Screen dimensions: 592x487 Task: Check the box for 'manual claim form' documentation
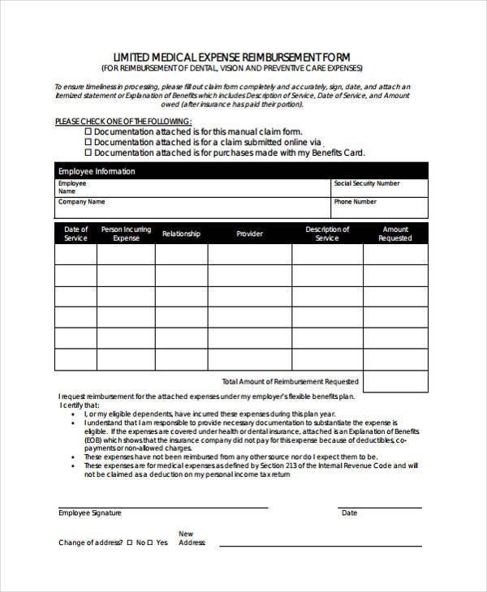click(x=88, y=131)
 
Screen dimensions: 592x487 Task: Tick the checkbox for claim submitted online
click(x=88, y=141)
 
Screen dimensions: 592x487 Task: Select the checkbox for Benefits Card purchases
click(x=88, y=152)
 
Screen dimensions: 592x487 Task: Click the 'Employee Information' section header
click(x=97, y=172)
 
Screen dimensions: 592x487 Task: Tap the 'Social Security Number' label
click(x=367, y=184)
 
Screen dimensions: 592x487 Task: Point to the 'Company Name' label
click(x=81, y=202)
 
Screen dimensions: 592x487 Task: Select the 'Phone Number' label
click(x=355, y=202)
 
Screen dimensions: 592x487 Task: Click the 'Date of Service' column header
click(x=75, y=234)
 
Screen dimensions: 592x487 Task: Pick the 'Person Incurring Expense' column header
click(x=126, y=234)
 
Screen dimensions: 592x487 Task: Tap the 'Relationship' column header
click(x=181, y=234)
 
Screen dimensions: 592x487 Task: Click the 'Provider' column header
click(x=249, y=234)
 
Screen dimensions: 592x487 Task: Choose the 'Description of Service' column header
click(x=327, y=234)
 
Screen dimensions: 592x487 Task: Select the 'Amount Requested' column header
click(x=395, y=234)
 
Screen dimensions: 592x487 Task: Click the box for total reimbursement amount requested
click(x=395, y=380)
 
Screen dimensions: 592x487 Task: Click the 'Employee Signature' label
click(x=89, y=513)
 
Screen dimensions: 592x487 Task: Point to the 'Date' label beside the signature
click(x=349, y=513)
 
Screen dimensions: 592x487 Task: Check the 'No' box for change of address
click(x=129, y=542)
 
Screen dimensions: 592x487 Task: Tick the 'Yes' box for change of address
click(x=151, y=542)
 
